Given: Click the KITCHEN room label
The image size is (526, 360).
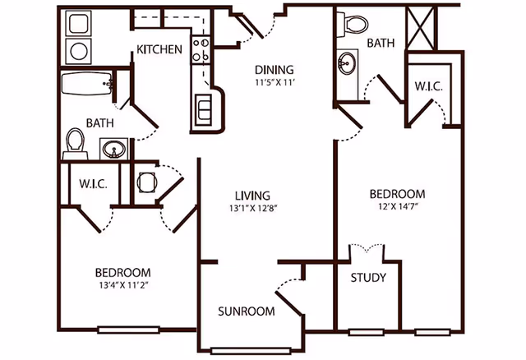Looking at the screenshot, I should click(x=159, y=49).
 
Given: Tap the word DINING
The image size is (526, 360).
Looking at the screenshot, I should click(x=274, y=70).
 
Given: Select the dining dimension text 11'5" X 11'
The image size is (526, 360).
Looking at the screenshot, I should click(x=274, y=83).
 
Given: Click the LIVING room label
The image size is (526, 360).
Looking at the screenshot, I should click(x=252, y=196).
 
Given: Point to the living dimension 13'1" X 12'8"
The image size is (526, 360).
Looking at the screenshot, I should click(x=252, y=209).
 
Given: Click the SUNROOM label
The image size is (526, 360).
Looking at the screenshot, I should click(x=246, y=312).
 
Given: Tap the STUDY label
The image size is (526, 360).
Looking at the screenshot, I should click(x=368, y=278).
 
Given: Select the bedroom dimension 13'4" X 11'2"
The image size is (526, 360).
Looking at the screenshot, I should click(x=122, y=286).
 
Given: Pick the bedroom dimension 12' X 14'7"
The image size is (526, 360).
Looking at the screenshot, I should click(x=397, y=207).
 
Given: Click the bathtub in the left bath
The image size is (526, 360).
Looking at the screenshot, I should click(x=87, y=84).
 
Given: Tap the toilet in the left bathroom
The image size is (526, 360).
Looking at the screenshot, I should click(x=75, y=141).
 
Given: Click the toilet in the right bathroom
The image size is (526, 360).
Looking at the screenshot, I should click(x=356, y=23).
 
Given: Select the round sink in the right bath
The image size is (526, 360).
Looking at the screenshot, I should click(x=348, y=62).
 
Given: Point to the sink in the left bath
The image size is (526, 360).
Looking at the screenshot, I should click(x=113, y=149).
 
